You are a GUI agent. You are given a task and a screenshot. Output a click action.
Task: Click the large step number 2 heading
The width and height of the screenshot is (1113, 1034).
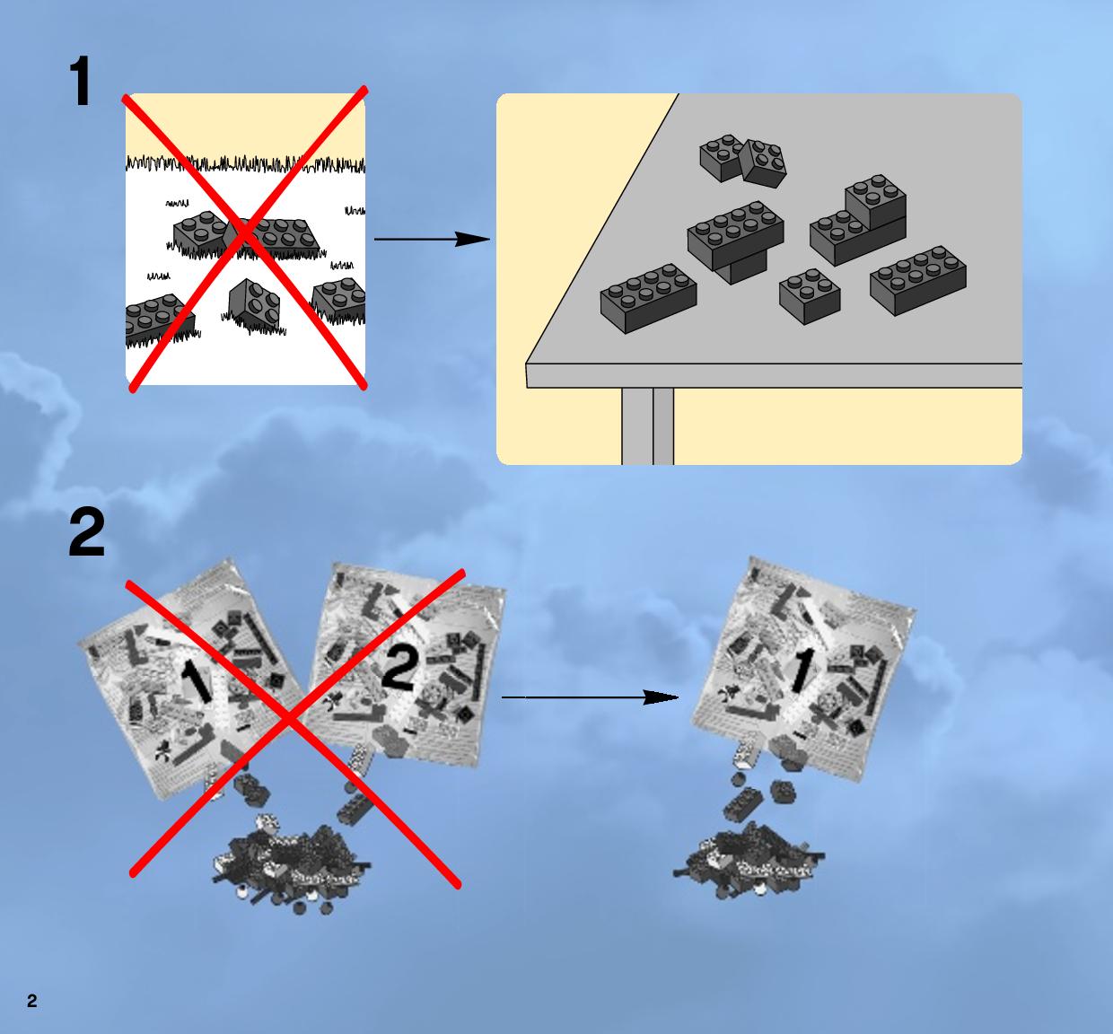coord(86,532)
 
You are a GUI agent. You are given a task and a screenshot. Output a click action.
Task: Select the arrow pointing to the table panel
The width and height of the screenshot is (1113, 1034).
coord(432,240)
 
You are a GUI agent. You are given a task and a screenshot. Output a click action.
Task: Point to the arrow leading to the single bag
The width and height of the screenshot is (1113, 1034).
coord(590,697)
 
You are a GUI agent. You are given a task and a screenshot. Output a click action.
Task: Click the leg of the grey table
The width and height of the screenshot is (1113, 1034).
coord(647,426)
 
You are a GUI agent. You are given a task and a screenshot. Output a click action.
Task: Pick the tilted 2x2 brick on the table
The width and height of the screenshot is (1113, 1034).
coord(763,163)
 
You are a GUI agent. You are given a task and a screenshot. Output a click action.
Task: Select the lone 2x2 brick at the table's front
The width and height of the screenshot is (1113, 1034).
coord(810,296)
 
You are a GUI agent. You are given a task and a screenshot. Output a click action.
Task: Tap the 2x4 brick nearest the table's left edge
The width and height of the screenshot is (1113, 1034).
coord(648,298)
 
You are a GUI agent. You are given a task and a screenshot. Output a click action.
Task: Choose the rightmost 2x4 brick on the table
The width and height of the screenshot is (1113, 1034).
coord(918,280)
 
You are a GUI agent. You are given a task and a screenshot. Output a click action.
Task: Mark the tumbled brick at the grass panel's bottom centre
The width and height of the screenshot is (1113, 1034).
coord(254,303)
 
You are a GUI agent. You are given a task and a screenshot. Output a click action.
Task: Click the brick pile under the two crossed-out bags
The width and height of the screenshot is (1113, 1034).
coord(292,864)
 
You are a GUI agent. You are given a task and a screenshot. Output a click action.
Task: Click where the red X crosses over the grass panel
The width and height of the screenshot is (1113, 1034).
coord(244,235)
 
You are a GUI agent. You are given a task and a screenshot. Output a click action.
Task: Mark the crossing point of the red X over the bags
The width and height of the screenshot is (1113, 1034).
coord(290,719)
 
